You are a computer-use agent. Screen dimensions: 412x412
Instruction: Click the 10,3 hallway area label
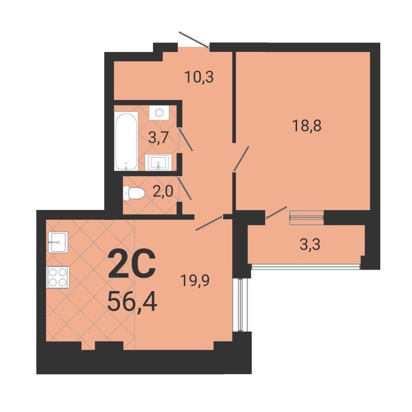(199, 77)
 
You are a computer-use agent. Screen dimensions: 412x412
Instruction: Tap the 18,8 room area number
(307, 126)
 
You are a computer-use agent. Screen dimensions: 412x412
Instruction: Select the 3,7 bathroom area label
(158, 138)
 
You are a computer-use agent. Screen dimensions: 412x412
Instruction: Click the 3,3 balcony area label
(310, 244)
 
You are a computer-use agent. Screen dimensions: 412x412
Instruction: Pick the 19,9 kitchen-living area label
(195, 280)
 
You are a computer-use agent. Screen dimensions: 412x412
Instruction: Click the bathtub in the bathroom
(126, 141)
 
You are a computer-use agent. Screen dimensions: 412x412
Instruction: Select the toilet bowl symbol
(134, 193)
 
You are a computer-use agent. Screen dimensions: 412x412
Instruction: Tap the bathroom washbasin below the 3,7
(158, 162)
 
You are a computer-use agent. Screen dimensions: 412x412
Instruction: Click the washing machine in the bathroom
(159, 113)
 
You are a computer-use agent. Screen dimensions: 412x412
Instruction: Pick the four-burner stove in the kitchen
(58, 277)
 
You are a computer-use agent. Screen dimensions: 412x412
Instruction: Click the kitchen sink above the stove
(58, 242)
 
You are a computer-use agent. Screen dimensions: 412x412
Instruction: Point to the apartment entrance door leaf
(194, 40)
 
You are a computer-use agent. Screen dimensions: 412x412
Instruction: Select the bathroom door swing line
(186, 139)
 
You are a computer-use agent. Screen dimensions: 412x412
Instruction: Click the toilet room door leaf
(185, 188)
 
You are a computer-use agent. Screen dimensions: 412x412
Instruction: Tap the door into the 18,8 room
(241, 159)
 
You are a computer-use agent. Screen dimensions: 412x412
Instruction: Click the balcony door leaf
(276, 213)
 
